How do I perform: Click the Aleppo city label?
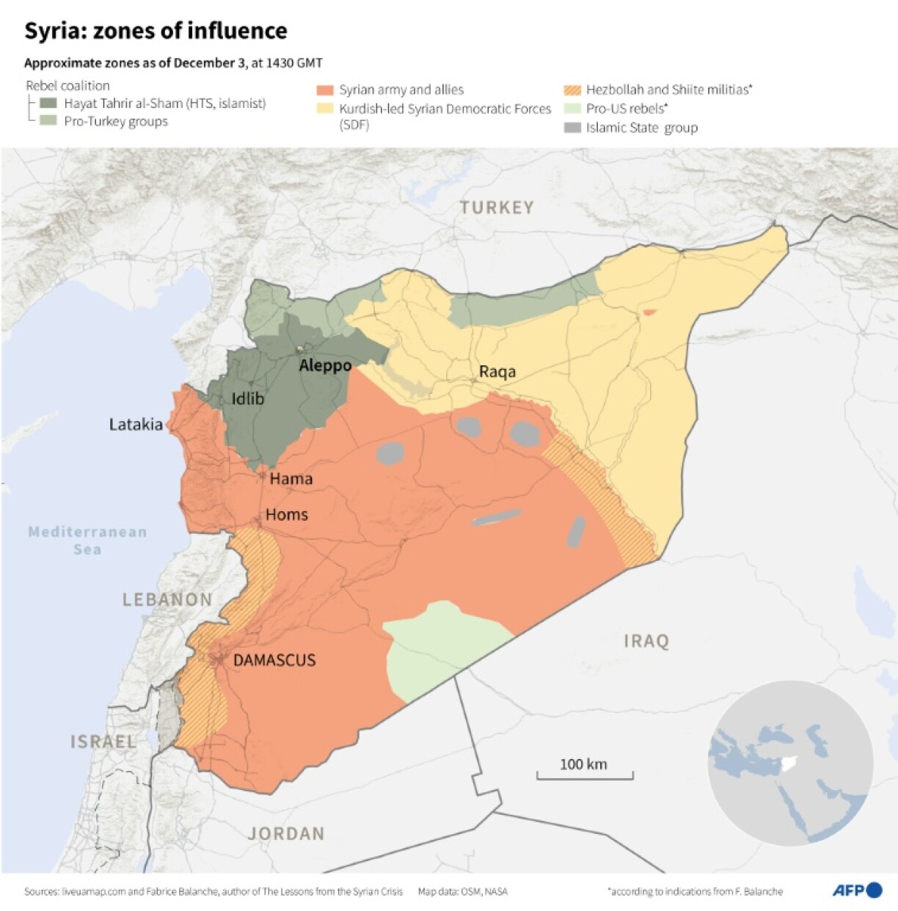pyautogui.click(x=325, y=365)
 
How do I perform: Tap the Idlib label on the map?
pyautogui.click(x=247, y=399)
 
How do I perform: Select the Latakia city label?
pyautogui.click(x=136, y=425)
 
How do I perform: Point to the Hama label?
pyautogui.click(x=291, y=479)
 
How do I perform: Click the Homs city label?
pyautogui.click(x=286, y=515)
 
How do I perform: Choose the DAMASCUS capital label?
pyautogui.click(x=274, y=660)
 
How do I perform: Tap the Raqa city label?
pyautogui.click(x=497, y=372)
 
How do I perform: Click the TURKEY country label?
pyautogui.click(x=497, y=208)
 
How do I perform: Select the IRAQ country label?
pyautogui.click(x=646, y=642)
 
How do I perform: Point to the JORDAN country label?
pyautogui.click(x=286, y=834)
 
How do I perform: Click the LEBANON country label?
pyautogui.click(x=167, y=600)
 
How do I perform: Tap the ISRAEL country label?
pyautogui.click(x=103, y=742)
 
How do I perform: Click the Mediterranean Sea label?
pyautogui.click(x=87, y=541)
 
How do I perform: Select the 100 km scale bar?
pyautogui.click(x=585, y=774)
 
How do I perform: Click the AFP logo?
pyautogui.click(x=857, y=890)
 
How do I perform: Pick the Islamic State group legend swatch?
pyautogui.click(x=572, y=128)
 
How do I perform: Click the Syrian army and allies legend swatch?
pyautogui.click(x=325, y=90)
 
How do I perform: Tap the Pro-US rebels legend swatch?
pyautogui.click(x=572, y=109)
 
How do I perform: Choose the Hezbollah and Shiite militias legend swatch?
pyautogui.click(x=572, y=90)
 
